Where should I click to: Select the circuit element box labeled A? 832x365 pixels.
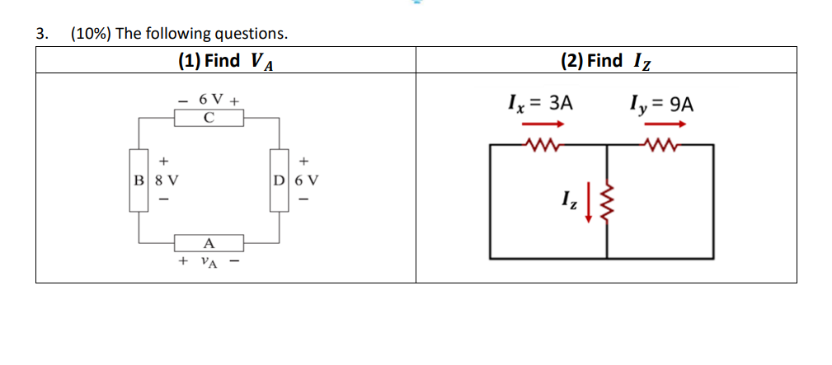209,243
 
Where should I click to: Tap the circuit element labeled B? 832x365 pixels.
138,179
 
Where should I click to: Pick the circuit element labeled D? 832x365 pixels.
280,179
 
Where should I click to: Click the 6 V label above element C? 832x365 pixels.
209,100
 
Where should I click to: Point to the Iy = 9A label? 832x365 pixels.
660,105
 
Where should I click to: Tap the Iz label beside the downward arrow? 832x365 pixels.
571,199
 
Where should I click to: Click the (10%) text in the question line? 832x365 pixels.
91,34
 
